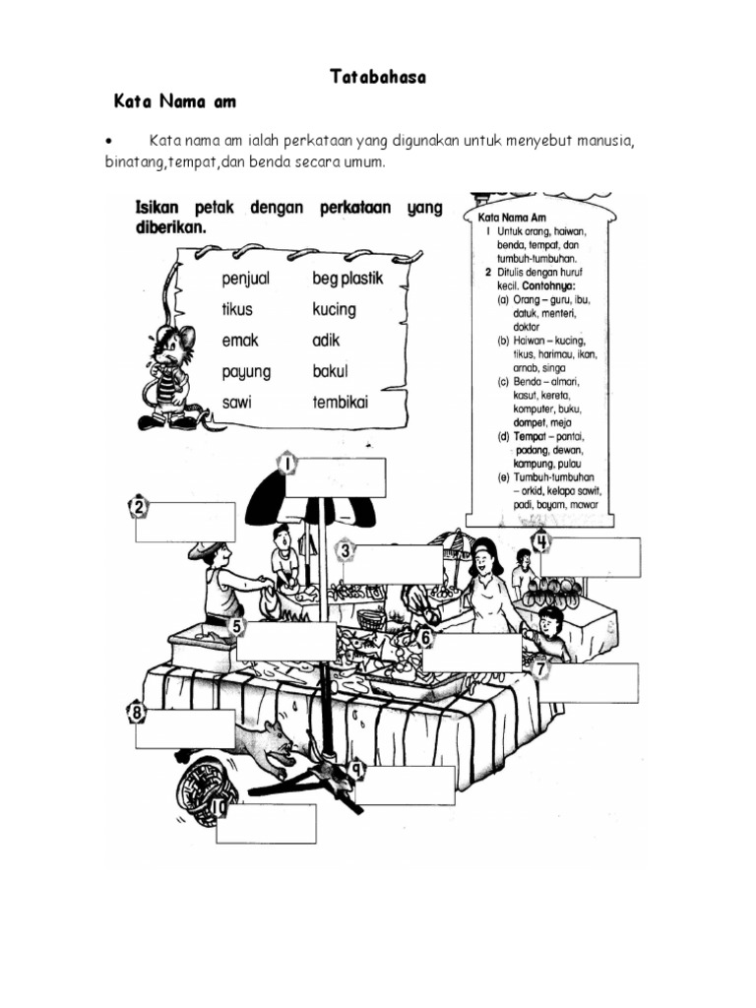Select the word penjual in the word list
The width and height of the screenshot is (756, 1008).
coord(246,279)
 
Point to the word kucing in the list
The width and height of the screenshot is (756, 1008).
coord(334,309)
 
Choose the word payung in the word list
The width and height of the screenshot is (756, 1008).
coord(246,373)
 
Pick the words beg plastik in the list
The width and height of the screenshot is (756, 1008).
coord(347,279)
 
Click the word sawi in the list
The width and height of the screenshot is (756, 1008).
coord(237,404)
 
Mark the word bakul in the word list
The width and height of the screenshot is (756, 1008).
coord(331,372)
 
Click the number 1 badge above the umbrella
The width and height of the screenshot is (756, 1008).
coord(286,464)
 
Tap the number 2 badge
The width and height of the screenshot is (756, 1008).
coord(140,508)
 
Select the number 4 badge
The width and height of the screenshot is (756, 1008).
coord(541,540)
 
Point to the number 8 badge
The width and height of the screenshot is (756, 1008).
coord(137,712)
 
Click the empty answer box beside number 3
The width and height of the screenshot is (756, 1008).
coord(394,564)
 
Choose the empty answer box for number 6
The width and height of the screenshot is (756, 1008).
coord(477,652)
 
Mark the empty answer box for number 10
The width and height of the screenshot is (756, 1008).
coord(267,824)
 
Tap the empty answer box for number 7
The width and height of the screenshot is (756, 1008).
coord(590,682)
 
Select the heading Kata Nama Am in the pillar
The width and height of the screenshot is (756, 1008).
coord(511,216)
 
